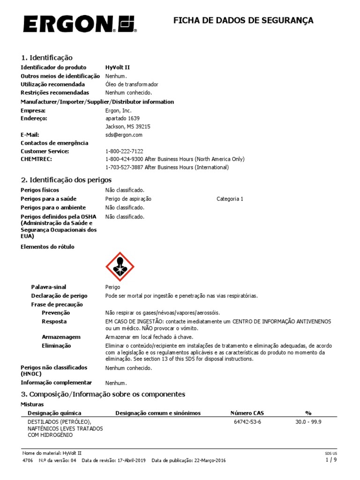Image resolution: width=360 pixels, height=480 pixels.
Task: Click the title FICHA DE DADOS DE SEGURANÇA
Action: (243, 21)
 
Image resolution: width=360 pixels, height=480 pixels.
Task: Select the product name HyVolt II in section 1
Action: (117, 67)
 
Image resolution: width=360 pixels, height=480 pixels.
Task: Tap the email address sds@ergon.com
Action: (124, 135)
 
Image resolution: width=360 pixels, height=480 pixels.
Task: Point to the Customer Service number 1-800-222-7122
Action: (124, 151)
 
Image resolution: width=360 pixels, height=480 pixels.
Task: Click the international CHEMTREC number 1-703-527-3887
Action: (124, 167)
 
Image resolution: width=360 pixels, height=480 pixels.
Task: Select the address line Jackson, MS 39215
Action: (128, 127)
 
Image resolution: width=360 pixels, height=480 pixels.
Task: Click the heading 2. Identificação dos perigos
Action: (66, 180)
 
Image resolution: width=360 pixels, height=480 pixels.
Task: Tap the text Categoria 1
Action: (230, 199)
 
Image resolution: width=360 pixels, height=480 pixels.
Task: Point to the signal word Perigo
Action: (113, 287)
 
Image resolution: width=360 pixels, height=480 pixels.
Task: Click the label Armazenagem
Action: (61, 337)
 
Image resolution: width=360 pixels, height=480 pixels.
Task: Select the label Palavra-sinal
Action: (49, 287)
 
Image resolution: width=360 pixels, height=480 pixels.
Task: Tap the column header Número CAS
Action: (247, 413)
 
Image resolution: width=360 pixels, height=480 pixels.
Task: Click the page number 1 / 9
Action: (331, 460)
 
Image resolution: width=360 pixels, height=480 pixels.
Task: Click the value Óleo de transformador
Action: (132, 84)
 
